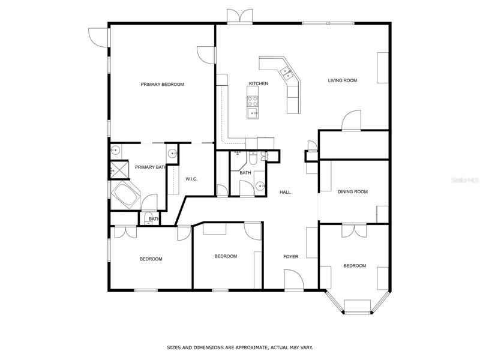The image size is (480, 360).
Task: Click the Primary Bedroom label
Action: pos(162,85)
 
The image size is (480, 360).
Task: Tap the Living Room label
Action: pos(343,80)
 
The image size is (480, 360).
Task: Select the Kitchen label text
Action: pos(259,83)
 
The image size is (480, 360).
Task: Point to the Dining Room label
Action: pos(353,191)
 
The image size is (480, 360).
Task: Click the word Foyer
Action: pos(291,257)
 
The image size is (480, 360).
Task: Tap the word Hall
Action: pos(285,192)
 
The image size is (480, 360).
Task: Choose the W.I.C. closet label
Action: pos(191,179)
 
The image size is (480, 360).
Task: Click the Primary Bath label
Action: pos(151,167)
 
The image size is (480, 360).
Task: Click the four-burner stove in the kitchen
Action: pos(253,101)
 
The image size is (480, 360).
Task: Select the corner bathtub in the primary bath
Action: pos(125,195)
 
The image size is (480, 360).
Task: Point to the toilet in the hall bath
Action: pos(253,158)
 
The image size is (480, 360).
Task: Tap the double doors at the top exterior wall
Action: pos(240,16)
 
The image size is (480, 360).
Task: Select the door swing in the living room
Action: pos(351,121)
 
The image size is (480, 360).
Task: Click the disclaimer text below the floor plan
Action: pos(239,347)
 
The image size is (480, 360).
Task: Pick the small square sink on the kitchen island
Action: pos(253,113)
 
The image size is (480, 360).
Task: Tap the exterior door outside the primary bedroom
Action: pos(99,37)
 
